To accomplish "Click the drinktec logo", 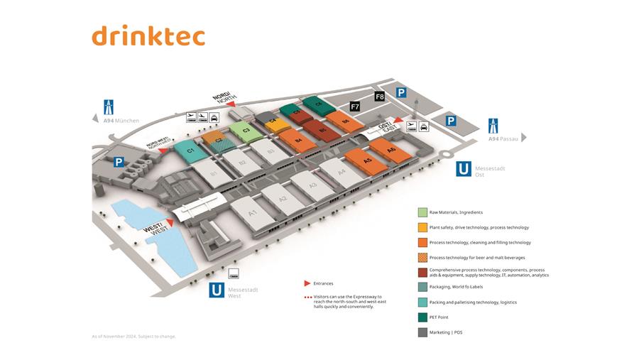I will coord(148,36).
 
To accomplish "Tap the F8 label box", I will coord(379,96).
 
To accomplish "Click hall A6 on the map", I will coord(390,149).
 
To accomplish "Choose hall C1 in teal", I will coord(190,151).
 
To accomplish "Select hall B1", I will coord(212,173).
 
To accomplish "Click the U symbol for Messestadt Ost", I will coord(464,169).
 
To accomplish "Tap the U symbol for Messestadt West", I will coord(217,290).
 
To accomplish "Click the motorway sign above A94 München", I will coord(109,107).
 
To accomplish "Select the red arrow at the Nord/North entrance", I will coord(230,104).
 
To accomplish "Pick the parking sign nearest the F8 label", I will coord(401,93).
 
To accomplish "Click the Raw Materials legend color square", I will coord(422,212).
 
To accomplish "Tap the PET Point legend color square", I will coord(422,317).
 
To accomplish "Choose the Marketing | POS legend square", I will coord(422,332).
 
